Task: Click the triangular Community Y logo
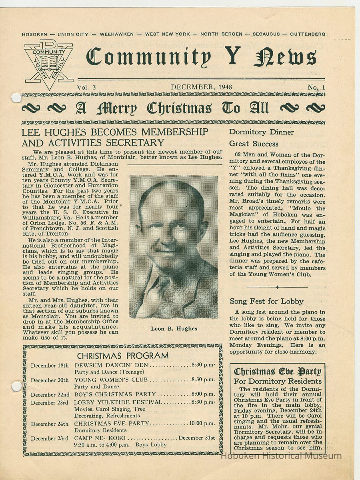pyautogui.click(x=48, y=63)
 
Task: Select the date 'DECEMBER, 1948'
pyautogui.click(x=201, y=87)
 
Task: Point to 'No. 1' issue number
pyautogui.click(x=316, y=87)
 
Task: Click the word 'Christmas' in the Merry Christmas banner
pyautogui.click(x=179, y=108)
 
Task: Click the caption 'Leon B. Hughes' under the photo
pyautogui.click(x=174, y=328)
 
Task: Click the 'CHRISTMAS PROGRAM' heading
pyautogui.click(x=123, y=356)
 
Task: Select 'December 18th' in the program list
pyautogui.click(x=50, y=365)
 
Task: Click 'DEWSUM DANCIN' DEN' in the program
pyautogui.click(x=111, y=365)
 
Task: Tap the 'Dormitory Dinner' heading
pyautogui.click(x=262, y=132)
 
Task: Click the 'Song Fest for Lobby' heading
pyautogui.click(x=266, y=301)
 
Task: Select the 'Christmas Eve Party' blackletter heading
pyautogui.click(x=277, y=372)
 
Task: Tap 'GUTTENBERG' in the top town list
pyautogui.click(x=308, y=34)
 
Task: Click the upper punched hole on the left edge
pyautogui.click(x=16, y=98)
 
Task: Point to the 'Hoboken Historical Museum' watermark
pyautogui.click(x=282, y=456)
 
